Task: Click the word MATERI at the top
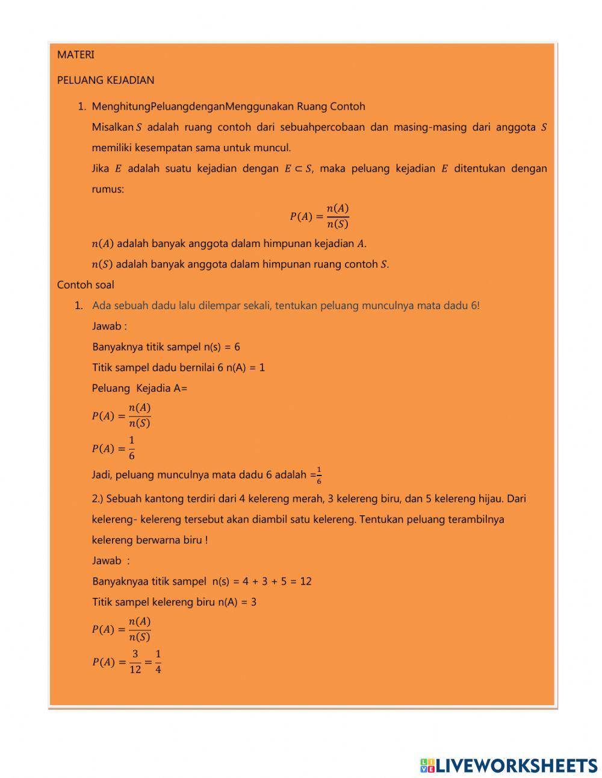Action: pos(76,55)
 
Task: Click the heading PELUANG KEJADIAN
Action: pos(105,80)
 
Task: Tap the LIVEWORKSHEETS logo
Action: pos(509,765)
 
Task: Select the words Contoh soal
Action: pos(85,285)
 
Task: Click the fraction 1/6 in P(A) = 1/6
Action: pos(132,448)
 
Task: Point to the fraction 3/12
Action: pos(135,662)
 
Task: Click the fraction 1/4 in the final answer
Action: pos(158,662)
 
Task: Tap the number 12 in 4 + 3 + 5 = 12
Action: pos(306,582)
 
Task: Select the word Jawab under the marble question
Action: pos(107,561)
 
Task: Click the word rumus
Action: pos(108,189)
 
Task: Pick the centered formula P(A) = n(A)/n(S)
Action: pos(319,216)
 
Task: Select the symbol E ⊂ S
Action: pos(298,169)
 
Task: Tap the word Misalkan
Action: pos(112,127)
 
